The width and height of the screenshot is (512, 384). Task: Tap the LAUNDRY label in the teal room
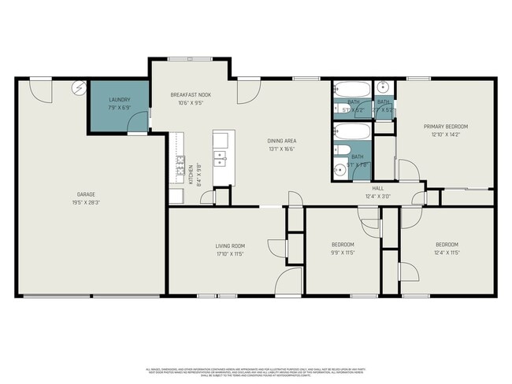pos(120,100)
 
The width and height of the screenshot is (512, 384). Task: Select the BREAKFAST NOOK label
pos(191,94)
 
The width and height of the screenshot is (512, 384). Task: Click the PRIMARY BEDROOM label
pos(447,127)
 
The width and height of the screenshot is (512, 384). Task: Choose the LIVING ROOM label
pos(231,246)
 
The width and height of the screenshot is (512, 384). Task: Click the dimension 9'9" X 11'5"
pos(343,253)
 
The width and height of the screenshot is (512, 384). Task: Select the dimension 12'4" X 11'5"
pos(447,253)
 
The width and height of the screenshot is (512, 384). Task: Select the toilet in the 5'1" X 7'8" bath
pos(339,167)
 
